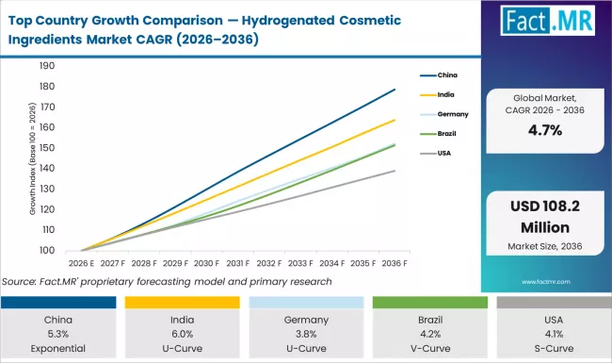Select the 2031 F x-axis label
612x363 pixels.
(x=238, y=263)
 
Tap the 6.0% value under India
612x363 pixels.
(x=183, y=332)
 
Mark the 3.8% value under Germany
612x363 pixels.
(x=305, y=332)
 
